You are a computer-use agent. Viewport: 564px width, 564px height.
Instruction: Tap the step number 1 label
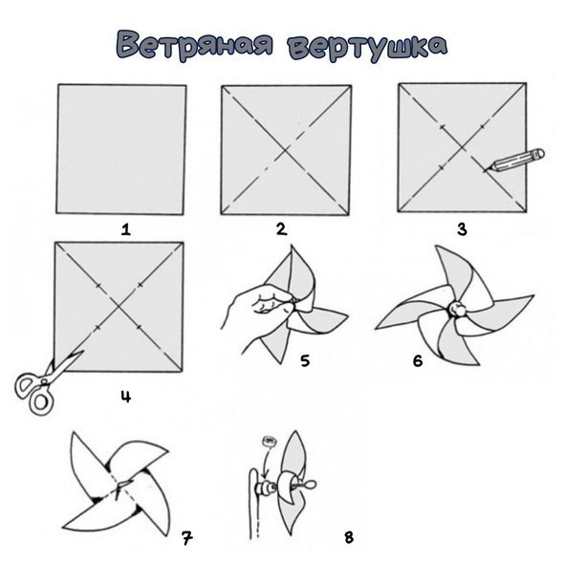(x=123, y=228)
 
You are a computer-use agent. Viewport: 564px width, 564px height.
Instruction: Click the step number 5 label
(x=305, y=360)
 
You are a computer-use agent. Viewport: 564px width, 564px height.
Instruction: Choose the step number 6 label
(x=417, y=360)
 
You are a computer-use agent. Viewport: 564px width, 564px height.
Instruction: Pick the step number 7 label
(x=186, y=537)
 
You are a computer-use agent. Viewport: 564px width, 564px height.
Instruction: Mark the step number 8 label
(x=348, y=537)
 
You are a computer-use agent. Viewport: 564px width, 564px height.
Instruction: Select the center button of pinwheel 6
(x=456, y=311)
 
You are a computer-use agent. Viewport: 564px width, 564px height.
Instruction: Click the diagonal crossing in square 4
(x=119, y=306)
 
